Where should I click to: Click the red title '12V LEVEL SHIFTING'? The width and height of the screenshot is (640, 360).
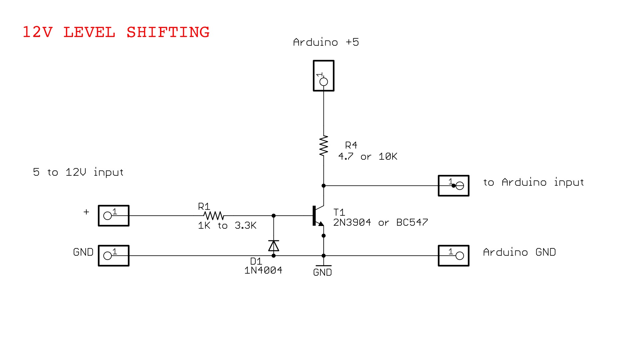[116, 32]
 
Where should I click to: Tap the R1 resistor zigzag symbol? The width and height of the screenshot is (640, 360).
[214, 216]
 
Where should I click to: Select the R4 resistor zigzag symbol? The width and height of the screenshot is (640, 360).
[323, 146]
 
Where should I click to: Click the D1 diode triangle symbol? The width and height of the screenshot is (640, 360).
[274, 246]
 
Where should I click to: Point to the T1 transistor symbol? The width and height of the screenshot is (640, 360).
[318, 216]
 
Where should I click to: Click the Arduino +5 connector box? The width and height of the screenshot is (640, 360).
[323, 76]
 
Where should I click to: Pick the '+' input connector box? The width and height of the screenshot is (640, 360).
[113, 216]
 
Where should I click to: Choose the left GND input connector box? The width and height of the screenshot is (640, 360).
[113, 256]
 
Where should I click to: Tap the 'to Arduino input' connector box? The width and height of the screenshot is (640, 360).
[453, 186]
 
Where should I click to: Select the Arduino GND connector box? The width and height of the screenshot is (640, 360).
[453, 256]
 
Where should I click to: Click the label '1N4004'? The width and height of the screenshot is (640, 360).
[263, 270]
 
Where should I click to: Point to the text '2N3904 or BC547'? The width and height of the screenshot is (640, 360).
[380, 222]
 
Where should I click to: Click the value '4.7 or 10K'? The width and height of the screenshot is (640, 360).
[368, 156]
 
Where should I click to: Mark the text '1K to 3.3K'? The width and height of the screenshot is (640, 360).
[227, 226]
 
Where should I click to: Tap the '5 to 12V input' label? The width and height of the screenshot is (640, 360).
[78, 172]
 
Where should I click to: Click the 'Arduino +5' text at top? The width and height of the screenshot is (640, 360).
[326, 42]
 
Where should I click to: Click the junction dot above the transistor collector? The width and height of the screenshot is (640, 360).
[323, 186]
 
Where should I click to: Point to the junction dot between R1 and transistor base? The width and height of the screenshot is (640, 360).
[274, 216]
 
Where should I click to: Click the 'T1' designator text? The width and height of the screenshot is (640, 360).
[339, 212]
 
